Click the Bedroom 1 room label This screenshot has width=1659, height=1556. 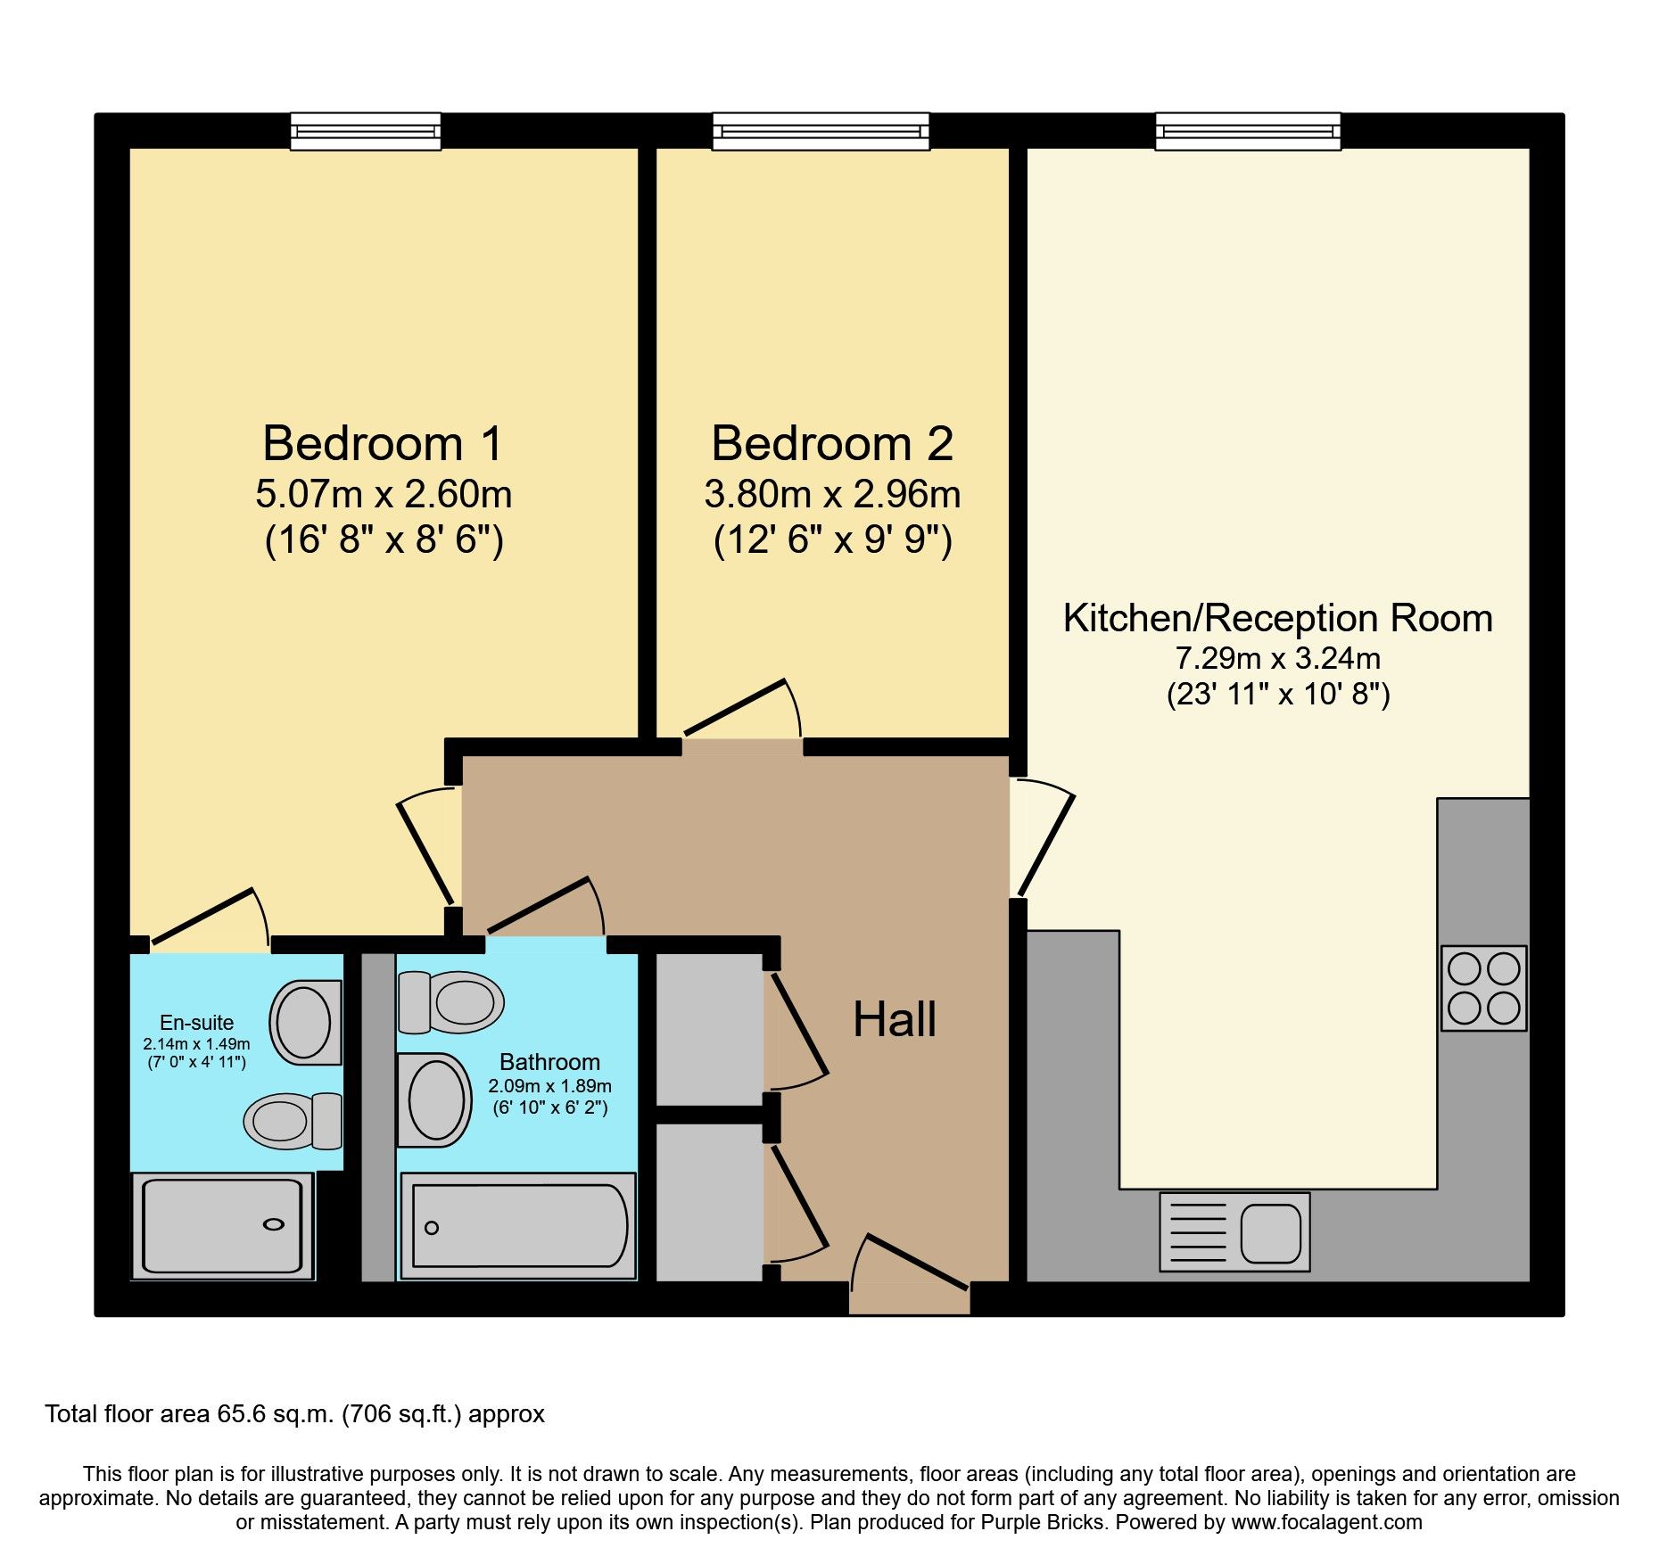[383, 443]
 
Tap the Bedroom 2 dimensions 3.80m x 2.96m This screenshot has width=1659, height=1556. [831, 494]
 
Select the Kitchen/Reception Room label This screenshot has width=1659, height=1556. [1277, 618]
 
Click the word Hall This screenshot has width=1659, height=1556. [895, 1019]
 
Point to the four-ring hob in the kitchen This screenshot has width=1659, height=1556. [1483, 988]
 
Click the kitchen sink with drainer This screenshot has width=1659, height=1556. [1234, 1231]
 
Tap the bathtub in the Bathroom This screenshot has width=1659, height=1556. [518, 1226]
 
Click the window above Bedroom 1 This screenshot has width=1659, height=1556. [366, 131]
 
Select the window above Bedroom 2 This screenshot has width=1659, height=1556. [821, 131]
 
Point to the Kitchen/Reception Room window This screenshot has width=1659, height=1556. [1248, 131]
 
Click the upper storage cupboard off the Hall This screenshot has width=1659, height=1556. [709, 1029]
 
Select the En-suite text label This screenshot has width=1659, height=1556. [196, 1023]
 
